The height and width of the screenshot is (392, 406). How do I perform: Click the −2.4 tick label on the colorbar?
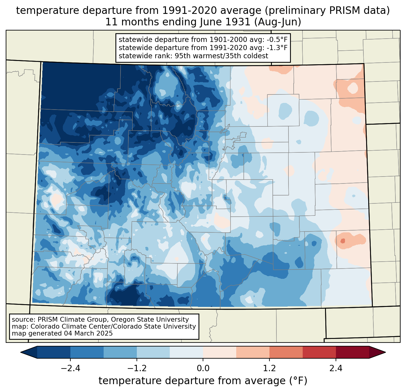click(x=70, y=368)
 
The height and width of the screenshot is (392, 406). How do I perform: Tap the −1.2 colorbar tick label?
click(x=137, y=368)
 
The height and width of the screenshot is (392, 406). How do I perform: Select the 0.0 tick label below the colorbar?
click(x=203, y=368)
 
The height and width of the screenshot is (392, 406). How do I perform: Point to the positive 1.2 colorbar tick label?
click(x=269, y=368)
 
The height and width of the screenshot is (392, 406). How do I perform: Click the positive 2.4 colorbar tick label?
click(x=336, y=368)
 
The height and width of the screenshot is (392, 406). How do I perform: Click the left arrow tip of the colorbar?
click(x=21, y=352)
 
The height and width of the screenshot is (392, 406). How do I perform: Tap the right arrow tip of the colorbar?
click(x=385, y=352)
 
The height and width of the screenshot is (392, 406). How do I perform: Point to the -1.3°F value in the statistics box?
click(x=277, y=48)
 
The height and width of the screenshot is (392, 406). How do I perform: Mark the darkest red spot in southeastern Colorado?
click(x=343, y=241)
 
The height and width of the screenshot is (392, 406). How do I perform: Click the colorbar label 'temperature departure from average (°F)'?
click(x=203, y=381)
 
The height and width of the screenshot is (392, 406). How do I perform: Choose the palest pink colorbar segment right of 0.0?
click(x=220, y=352)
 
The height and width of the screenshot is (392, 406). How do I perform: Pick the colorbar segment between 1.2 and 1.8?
click(x=286, y=352)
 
